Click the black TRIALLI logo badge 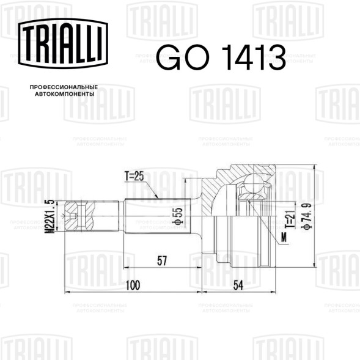click(63, 43)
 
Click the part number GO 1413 click(221, 57)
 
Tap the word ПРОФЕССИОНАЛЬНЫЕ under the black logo click(64, 87)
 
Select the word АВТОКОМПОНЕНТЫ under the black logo click(65, 94)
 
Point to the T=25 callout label click(134, 176)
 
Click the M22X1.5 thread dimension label click(50, 216)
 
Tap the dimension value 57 click(162, 261)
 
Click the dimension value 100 click(133, 285)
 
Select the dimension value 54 click(238, 285)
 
